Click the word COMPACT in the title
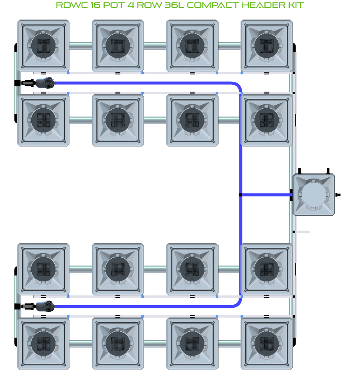[213, 5]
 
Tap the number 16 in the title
[95, 5]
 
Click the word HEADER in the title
[264, 5]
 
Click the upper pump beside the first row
[45, 83]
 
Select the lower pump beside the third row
[45, 306]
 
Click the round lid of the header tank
[314, 195]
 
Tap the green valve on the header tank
[337, 195]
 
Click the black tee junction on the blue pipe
[241, 195]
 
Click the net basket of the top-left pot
[43, 46]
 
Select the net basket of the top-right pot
[267, 46]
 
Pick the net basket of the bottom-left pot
[43, 343]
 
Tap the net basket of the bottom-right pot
[267, 343]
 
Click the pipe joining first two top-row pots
[80, 46]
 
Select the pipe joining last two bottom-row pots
[230, 343]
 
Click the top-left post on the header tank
[299, 171]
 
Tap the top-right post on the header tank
[328, 171]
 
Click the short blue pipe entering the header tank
[266, 195]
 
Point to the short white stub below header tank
[302, 232]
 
